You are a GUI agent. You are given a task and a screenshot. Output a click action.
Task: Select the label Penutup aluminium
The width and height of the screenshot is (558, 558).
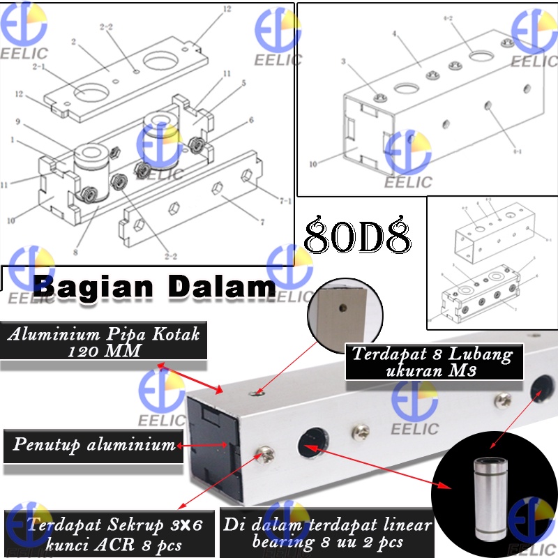point(93,444)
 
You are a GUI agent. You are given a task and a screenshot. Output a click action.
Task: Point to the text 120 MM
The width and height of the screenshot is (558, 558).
point(105,351)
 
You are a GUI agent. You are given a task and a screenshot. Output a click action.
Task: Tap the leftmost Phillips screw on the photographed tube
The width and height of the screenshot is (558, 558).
point(264,455)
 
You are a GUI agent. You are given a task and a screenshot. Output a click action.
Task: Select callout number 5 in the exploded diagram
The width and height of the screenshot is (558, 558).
point(243,83)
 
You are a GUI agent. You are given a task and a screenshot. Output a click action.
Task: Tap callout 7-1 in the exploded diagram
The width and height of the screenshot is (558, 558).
point(285,202)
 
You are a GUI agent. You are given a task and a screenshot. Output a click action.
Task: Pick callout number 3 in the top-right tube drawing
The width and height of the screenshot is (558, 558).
point(343,63)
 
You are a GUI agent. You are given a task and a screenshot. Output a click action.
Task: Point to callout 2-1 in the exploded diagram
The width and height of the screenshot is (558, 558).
point(39,67)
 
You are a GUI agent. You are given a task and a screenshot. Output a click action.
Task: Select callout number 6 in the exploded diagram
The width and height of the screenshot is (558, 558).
point(251,120)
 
